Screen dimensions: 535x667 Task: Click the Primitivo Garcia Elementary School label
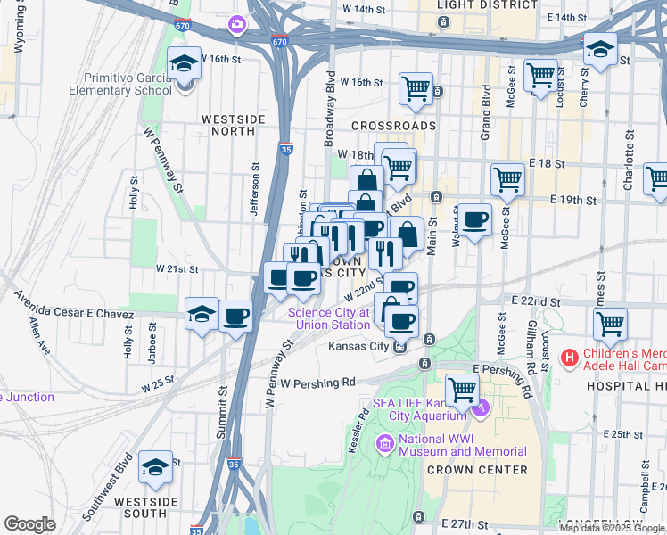click(x=128, y=83)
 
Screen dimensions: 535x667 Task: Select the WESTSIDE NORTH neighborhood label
click(x=233, y=125)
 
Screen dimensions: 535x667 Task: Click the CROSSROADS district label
click(x=393, y=126)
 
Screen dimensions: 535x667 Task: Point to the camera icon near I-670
click(x=236, y=23)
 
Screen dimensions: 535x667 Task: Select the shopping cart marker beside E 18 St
click(x=507, y=178)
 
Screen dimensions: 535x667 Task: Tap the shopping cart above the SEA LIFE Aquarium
click(x=462, y=389)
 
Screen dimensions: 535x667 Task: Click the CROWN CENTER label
click(x=476, y=470)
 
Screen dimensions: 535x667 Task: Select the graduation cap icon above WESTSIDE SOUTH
click(x=155, y=469)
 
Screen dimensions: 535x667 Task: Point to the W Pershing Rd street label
click(x=317, y=383)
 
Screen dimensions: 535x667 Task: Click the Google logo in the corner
click(x=29, y=524)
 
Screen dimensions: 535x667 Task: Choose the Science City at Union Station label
click(x=327, y=318)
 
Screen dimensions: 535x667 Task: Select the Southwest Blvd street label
click(x=107, y=490)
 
